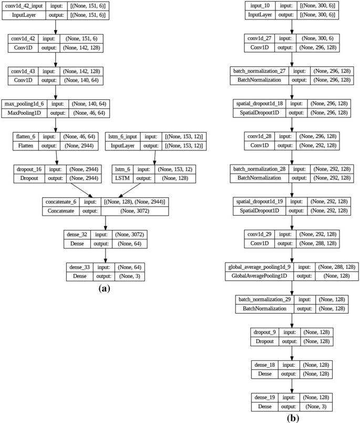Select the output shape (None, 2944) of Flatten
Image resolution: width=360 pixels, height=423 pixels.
(x=77, y=146)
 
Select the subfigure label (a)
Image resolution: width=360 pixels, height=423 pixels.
(x=104, y=288)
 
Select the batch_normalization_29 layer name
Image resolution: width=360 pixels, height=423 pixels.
(x=264, y=300)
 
